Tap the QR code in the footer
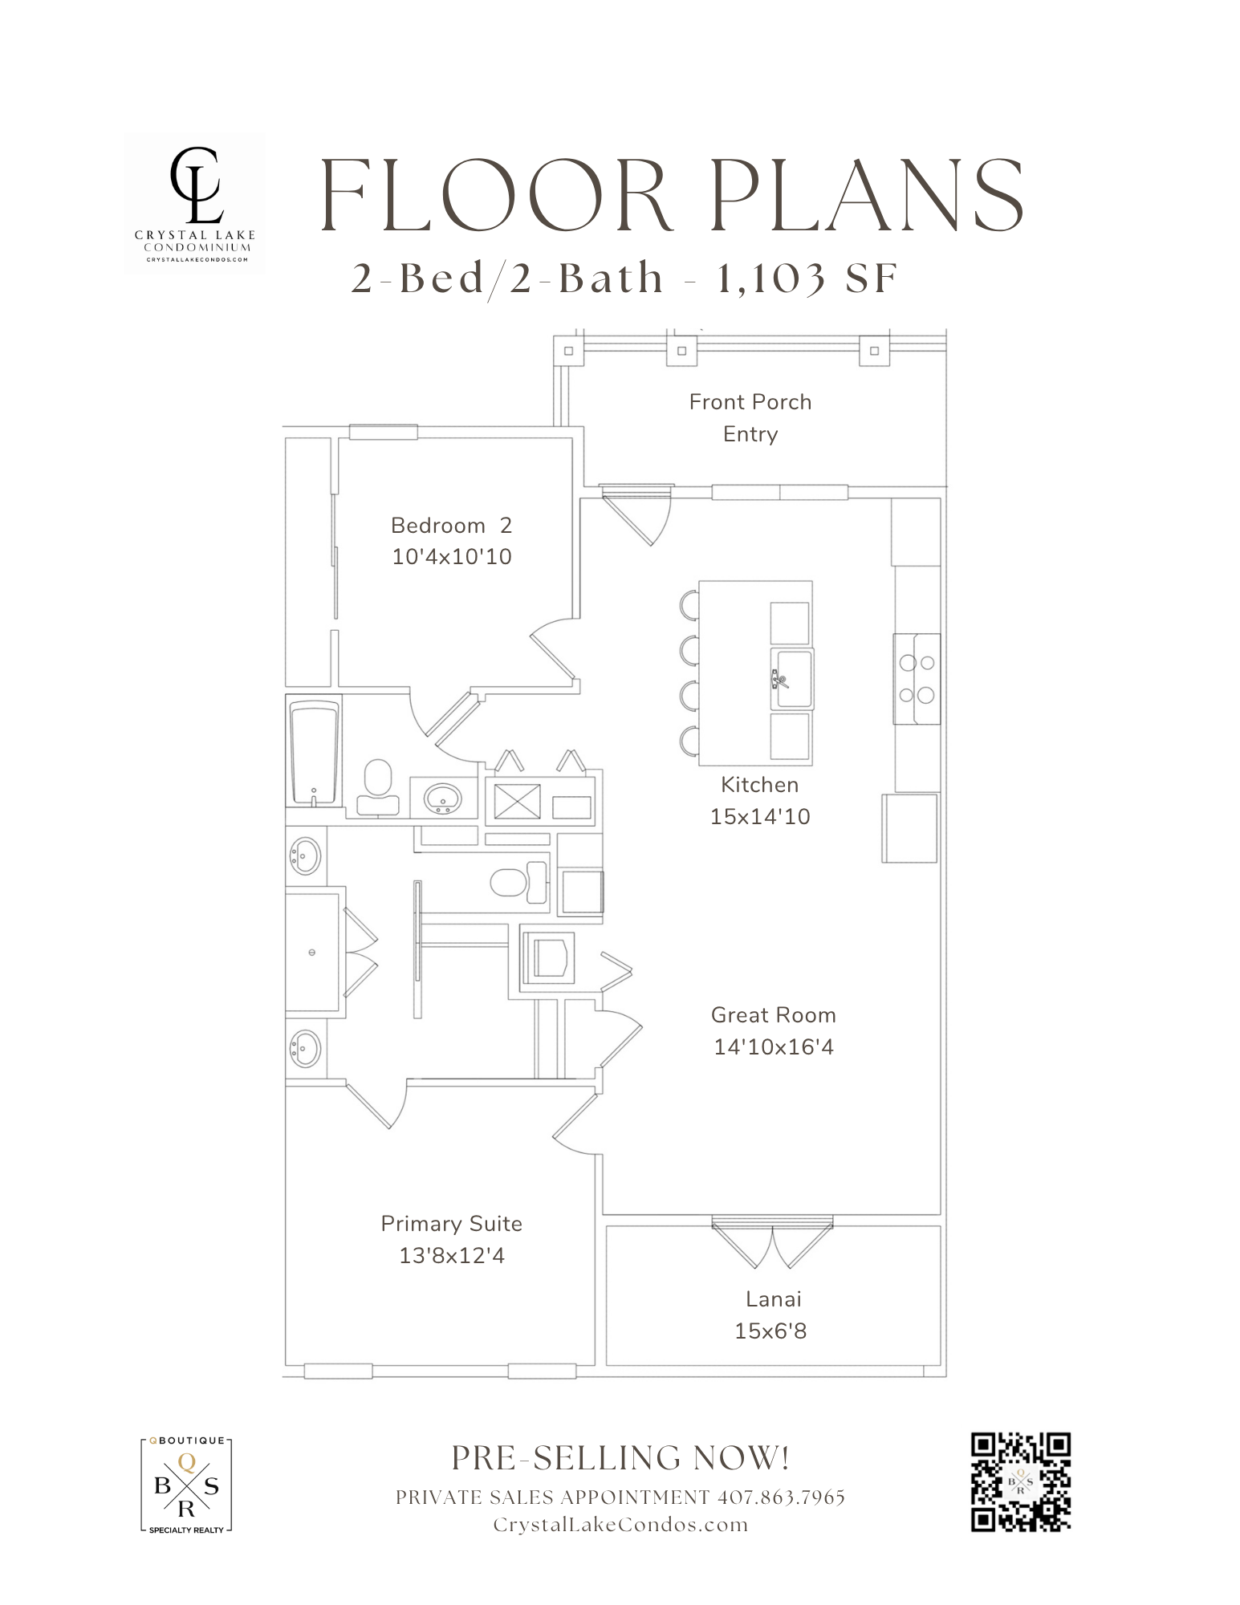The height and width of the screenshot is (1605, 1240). (1021, 1481)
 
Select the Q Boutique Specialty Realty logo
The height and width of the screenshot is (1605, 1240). (186, 1485)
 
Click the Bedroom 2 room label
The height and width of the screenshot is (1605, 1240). (451, 526)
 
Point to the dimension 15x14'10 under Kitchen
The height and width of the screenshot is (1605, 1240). (759, 817)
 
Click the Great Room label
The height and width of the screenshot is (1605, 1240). (773, 1015)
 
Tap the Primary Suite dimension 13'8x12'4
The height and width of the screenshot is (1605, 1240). (452, 1256)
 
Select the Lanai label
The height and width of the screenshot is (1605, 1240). (773, 1299)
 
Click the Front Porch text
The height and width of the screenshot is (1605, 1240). (750, 402)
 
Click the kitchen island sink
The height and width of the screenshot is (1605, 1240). (792, 679)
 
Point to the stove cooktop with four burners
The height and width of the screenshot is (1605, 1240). (917, 679)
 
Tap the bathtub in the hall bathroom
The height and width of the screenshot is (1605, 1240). (314, 750)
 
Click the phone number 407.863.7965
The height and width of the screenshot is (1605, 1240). (781, 1497)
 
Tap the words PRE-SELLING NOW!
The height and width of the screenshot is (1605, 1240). (620, 1458)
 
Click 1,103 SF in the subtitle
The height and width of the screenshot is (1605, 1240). (806, 279)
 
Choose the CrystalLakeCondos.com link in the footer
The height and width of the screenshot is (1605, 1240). (620, 1525)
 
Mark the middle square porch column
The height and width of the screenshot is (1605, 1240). (681, 351)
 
